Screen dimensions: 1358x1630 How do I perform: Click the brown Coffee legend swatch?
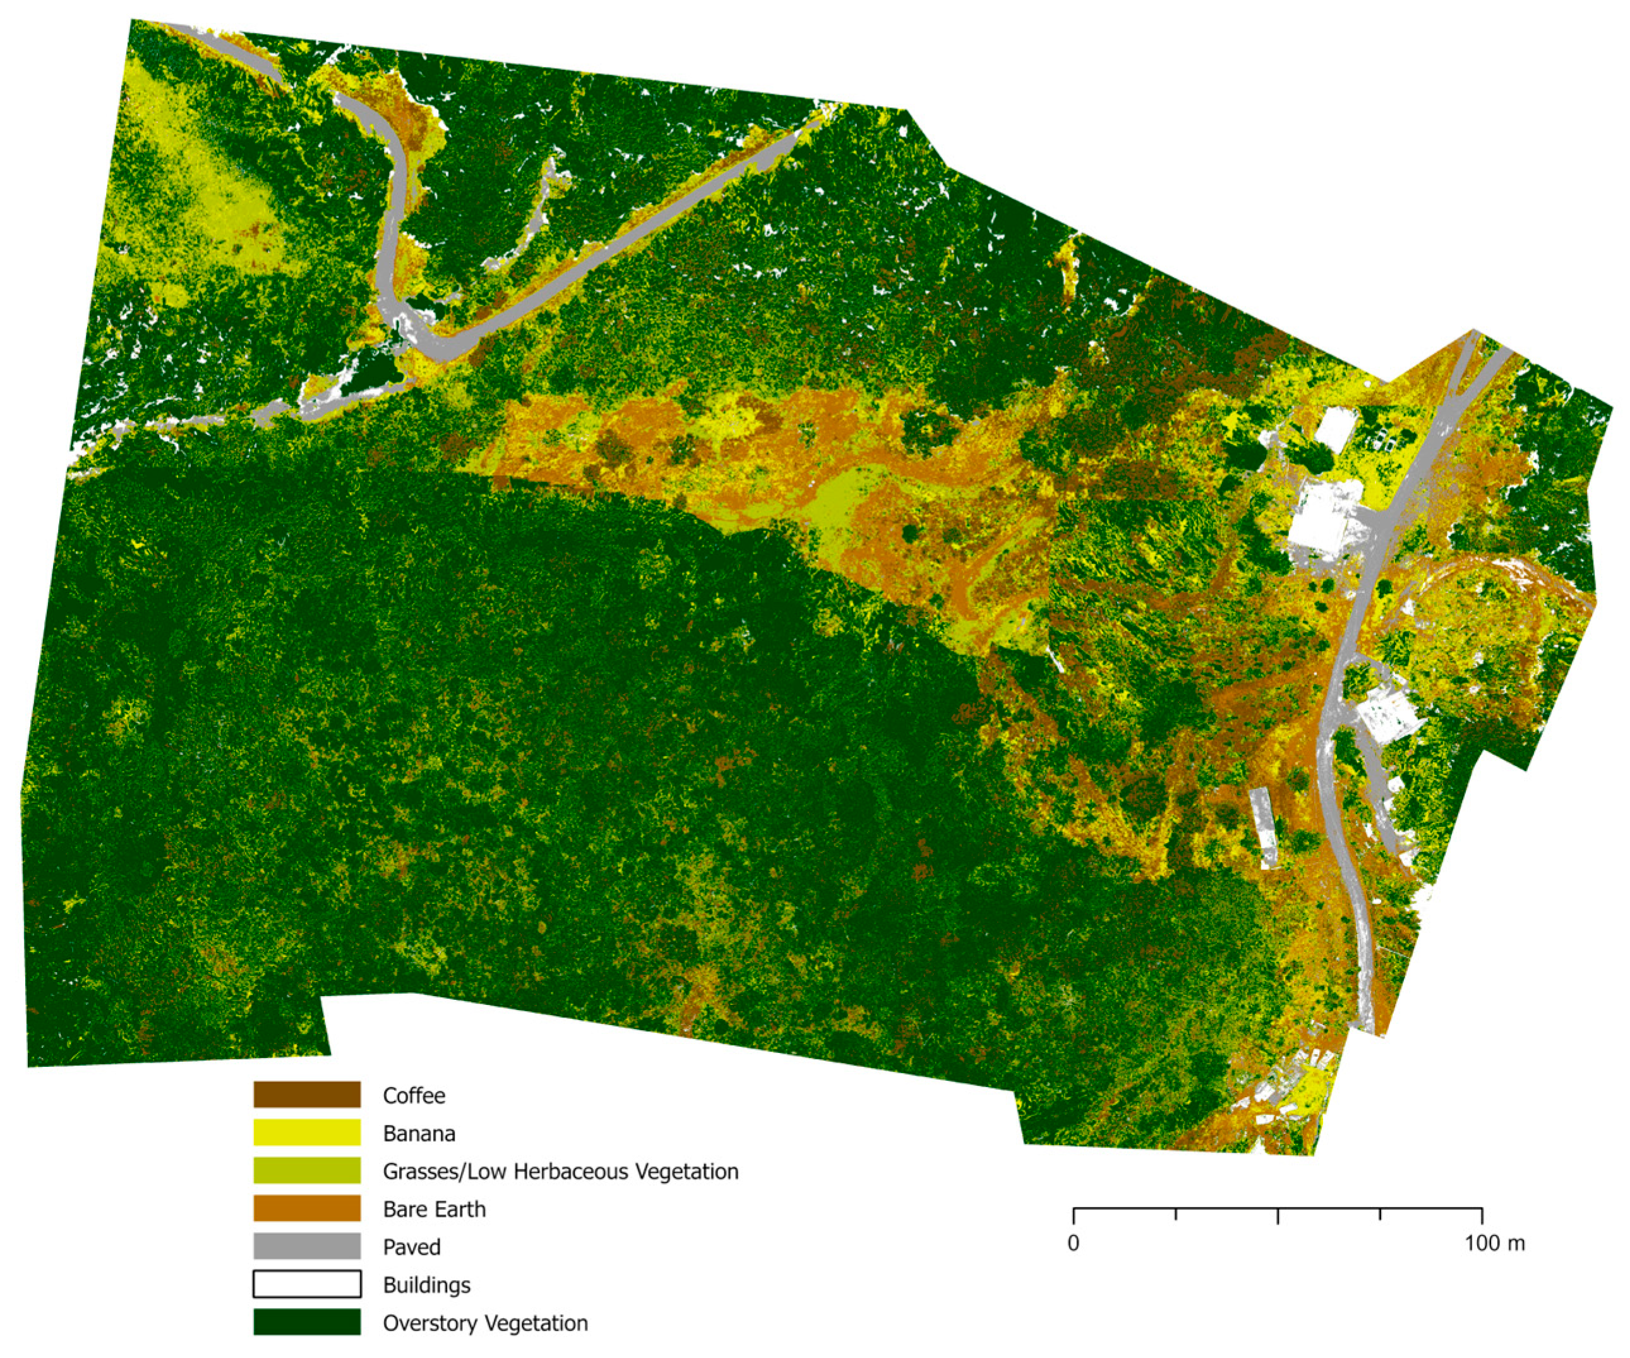coord(306,1095)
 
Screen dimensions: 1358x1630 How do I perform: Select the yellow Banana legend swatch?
coord(306,1133)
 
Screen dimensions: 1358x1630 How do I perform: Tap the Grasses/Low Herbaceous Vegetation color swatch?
coord(306,1170)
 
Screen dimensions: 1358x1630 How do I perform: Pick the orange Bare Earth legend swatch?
coord(306,1208)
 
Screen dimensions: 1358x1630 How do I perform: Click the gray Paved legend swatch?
coord(306,1246)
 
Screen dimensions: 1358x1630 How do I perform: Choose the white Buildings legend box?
coord(306,1284)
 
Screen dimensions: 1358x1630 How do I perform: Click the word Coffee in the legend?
coord(414,1096)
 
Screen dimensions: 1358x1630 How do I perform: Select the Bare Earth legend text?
coord(434,1209)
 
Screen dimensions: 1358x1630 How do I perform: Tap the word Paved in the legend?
coord(411,1247)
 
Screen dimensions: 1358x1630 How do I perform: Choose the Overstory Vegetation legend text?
coord(485,1323)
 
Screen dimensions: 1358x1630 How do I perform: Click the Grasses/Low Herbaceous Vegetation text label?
coord(560,1171)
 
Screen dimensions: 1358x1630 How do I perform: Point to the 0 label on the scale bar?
coord(1073,1243)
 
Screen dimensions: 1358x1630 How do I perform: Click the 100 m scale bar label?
coord(1495,1243)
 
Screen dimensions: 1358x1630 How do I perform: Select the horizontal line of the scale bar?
coord(1226,1209)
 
